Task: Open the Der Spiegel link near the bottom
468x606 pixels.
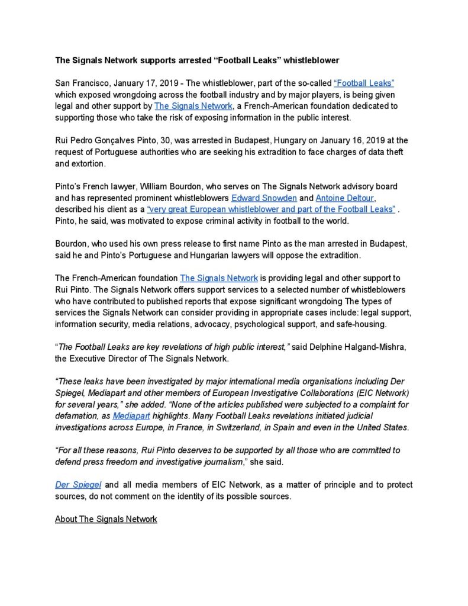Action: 78,485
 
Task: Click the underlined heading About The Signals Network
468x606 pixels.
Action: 106,519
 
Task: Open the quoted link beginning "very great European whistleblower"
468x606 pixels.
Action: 271,209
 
